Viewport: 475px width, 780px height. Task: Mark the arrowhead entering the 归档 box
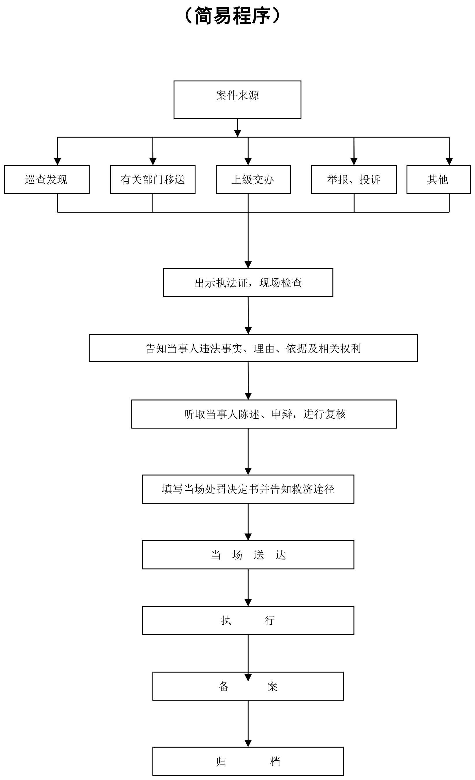point(248,744)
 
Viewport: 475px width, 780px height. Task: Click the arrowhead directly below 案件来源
point(237,134)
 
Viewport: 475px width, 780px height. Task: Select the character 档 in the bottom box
point(275,762)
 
